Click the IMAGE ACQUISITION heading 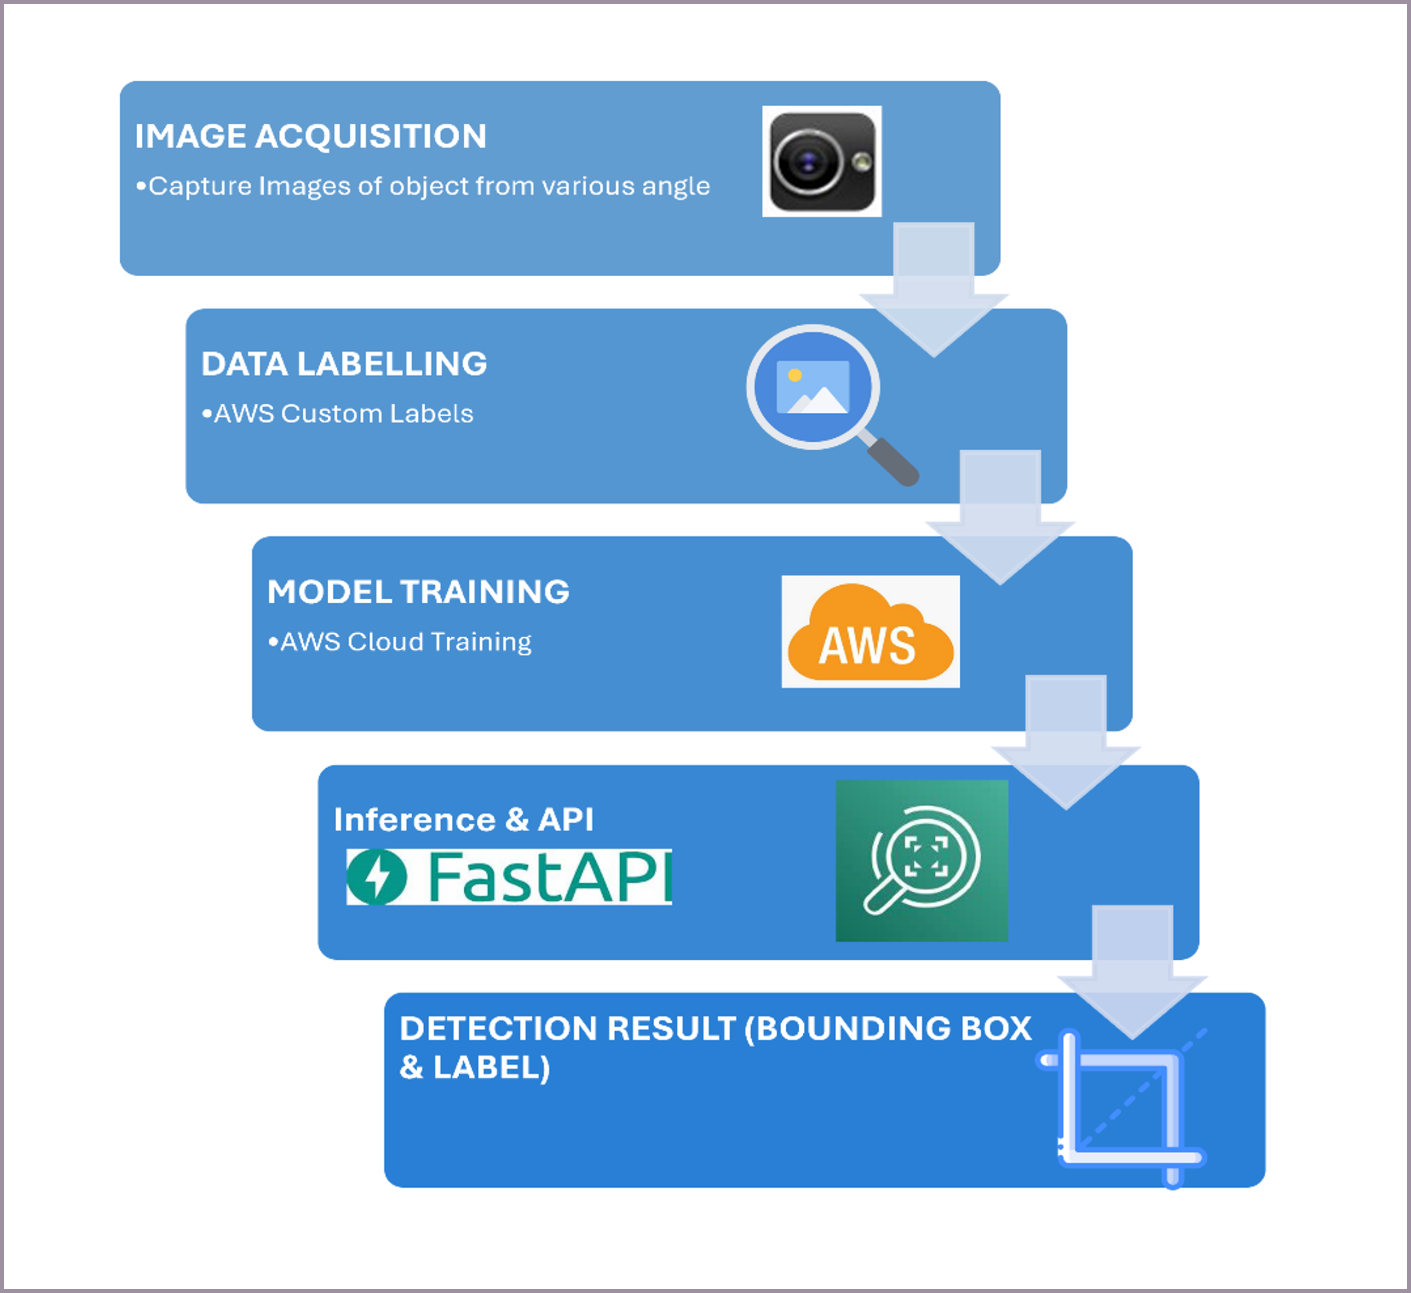[310, 136]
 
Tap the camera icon [822, 162]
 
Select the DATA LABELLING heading [343, 364]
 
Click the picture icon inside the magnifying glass [813, 387]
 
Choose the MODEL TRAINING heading [418, 591]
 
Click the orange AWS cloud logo [870, 632]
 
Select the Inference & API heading [463, 820]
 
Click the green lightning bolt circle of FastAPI [377, 877]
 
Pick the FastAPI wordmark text [548, 877]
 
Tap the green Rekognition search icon [922, 860]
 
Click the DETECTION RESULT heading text [715, 1048]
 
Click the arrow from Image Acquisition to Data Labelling [934, 290]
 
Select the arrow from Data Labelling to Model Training [1000, 517]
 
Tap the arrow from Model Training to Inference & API [1066, 743]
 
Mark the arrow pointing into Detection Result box [1133, 972]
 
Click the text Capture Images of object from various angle [429, 186]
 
